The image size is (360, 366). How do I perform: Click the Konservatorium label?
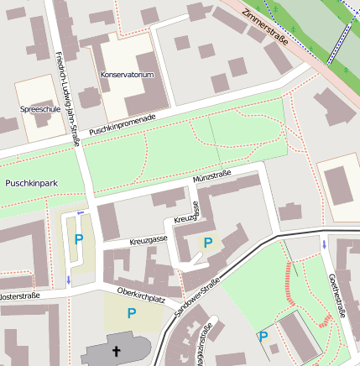point(127,75)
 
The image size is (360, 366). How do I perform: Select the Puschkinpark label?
point(30,182)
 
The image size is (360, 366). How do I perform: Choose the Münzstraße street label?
point(211,179)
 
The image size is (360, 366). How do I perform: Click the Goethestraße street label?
point(340,299)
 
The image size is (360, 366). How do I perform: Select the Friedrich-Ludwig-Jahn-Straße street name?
point(66,100)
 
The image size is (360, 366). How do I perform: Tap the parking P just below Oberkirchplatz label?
point(131,313)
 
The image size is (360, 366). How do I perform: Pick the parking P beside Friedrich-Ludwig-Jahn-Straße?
point(79,239)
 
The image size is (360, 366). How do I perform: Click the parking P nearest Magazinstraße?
point(263,337)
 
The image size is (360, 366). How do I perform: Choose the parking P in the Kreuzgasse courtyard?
point(208,243)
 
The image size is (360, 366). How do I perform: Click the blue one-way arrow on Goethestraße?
point(324,244)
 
